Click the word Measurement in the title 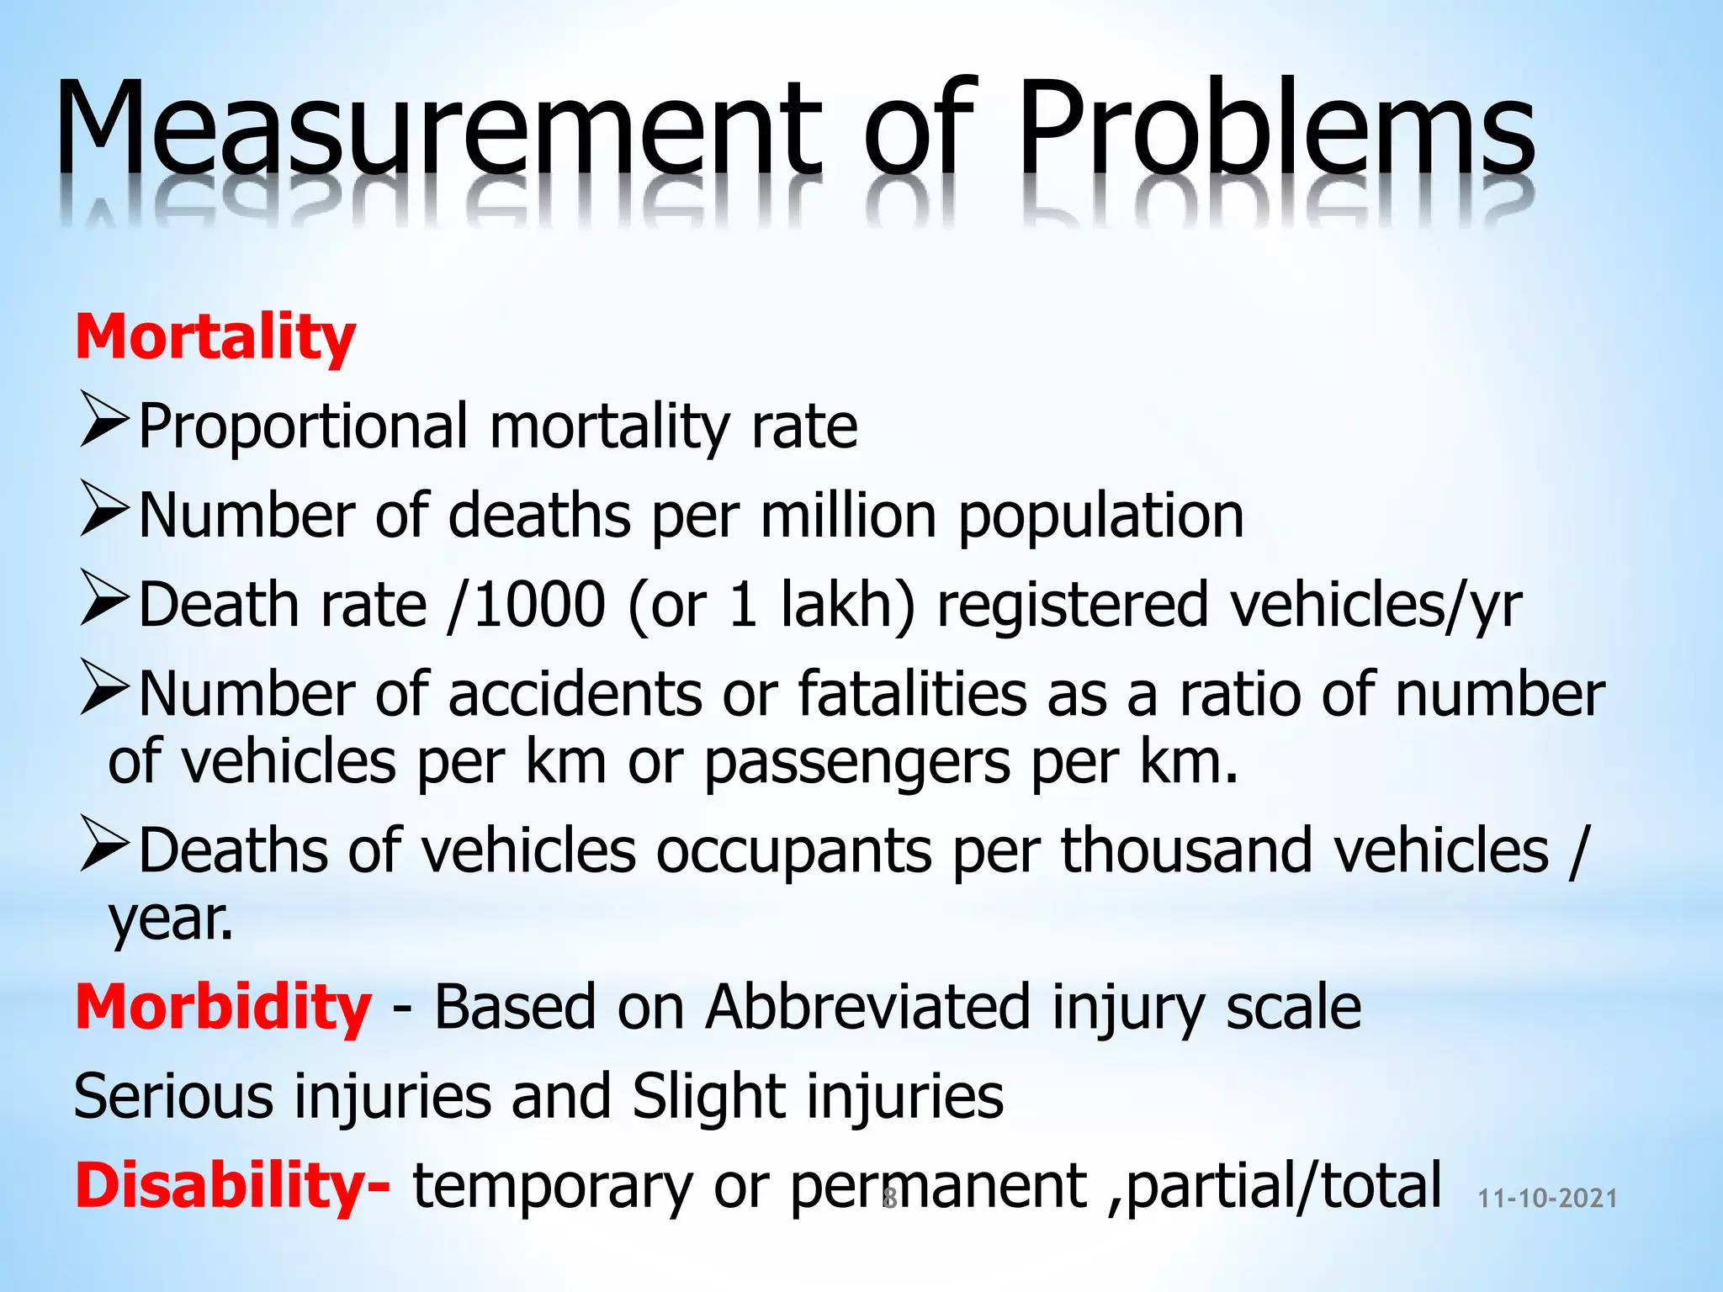pyautogui.click(x=437, y=126)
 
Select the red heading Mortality pyautogui.click(x=215, y=336)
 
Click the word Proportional pyautogui.click(x=303, y=426)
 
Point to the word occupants pyautogui.click(x=794, y=850)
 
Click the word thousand pyautogui.click(x=1186, y=850)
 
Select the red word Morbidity pyautogui.click(x=223, y=1007)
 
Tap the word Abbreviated pyautogui.click(x=867, y=1007)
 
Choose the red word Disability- pyautogui.click(x=232, y=1185)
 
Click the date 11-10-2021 pyautogui.click(x=1547, y=1199)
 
